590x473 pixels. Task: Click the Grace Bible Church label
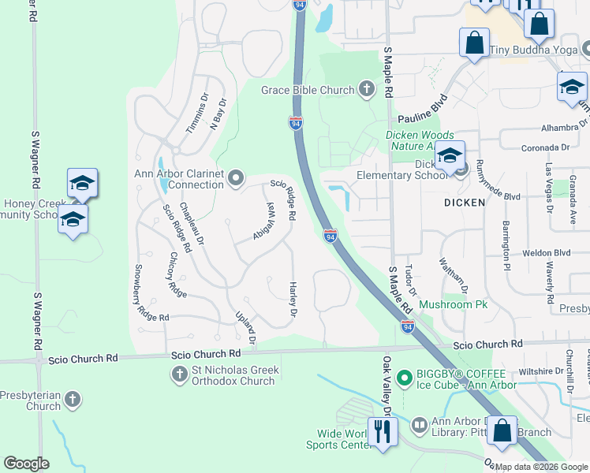pyautogui.click(x=308, y=90)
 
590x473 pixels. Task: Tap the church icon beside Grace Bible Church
pyautogui.click(x=367, y=89)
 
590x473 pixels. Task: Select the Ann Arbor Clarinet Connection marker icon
pyautogui.click(x=236, y=179)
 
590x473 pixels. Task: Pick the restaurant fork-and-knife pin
pyautogui.click(x=383, y=431)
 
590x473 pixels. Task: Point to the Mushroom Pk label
pyautogui.click(x=454, y=304)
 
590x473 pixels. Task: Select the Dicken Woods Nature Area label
pyautogui.click(x=419, y=140)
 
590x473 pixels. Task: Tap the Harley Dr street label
pyautogui.click(x=293, y=300)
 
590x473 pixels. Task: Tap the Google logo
pyautogui.click(x=26, y=464)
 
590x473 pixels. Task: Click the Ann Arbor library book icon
pyautogui.click(x=418, y=424)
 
